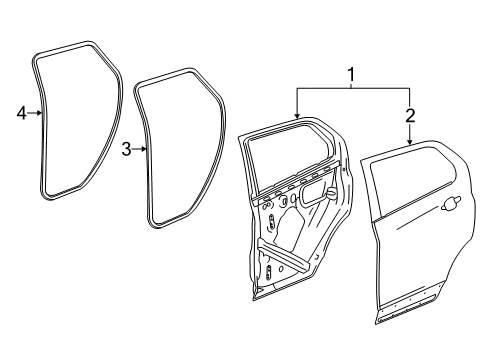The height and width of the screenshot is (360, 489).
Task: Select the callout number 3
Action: coord(127,150)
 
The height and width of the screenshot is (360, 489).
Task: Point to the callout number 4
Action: coord(21,114)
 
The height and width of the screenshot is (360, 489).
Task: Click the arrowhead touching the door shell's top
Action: coord(296,117)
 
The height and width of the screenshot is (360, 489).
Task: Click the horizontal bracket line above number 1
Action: coord(350,88)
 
